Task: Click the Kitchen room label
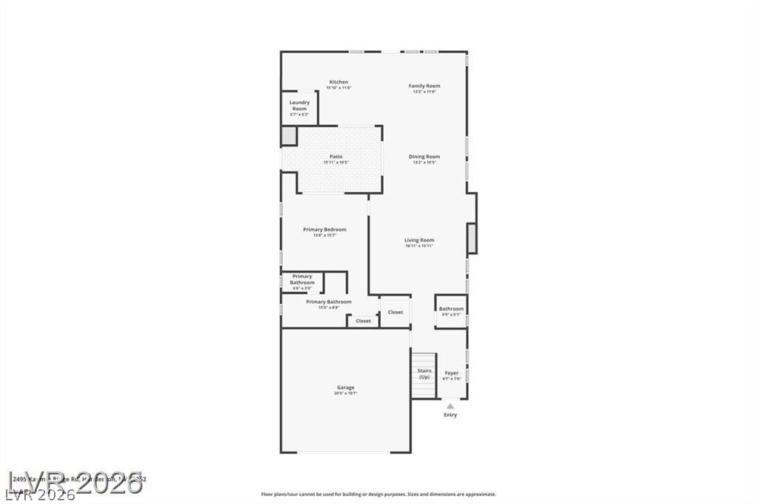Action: (x=339, y=82)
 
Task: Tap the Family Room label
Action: (x=424, y=86)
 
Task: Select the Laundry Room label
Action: (x=299, y=106)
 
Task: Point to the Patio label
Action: (x=336, y=157)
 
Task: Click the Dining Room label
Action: (x=424, y=157)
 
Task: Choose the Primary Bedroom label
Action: (x=325, y=230)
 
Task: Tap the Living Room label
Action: (x=419, y=240)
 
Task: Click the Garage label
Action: (x=345, y=387)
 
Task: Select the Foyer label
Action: (x=451, y=373)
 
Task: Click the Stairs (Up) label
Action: (x=424, y=374)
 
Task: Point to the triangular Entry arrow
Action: (x=450, y=406)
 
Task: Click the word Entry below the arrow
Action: (x=450, y=415)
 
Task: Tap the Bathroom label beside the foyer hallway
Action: (x=451, y=309)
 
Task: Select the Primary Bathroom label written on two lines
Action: (x=302, y=279)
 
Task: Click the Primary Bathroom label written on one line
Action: (x=329, y=302)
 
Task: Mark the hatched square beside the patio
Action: (x=288, y=136)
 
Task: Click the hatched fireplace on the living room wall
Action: (x=471, y=239)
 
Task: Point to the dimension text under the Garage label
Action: (x=345, y=394)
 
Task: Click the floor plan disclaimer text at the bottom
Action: (x=378, y=494)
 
